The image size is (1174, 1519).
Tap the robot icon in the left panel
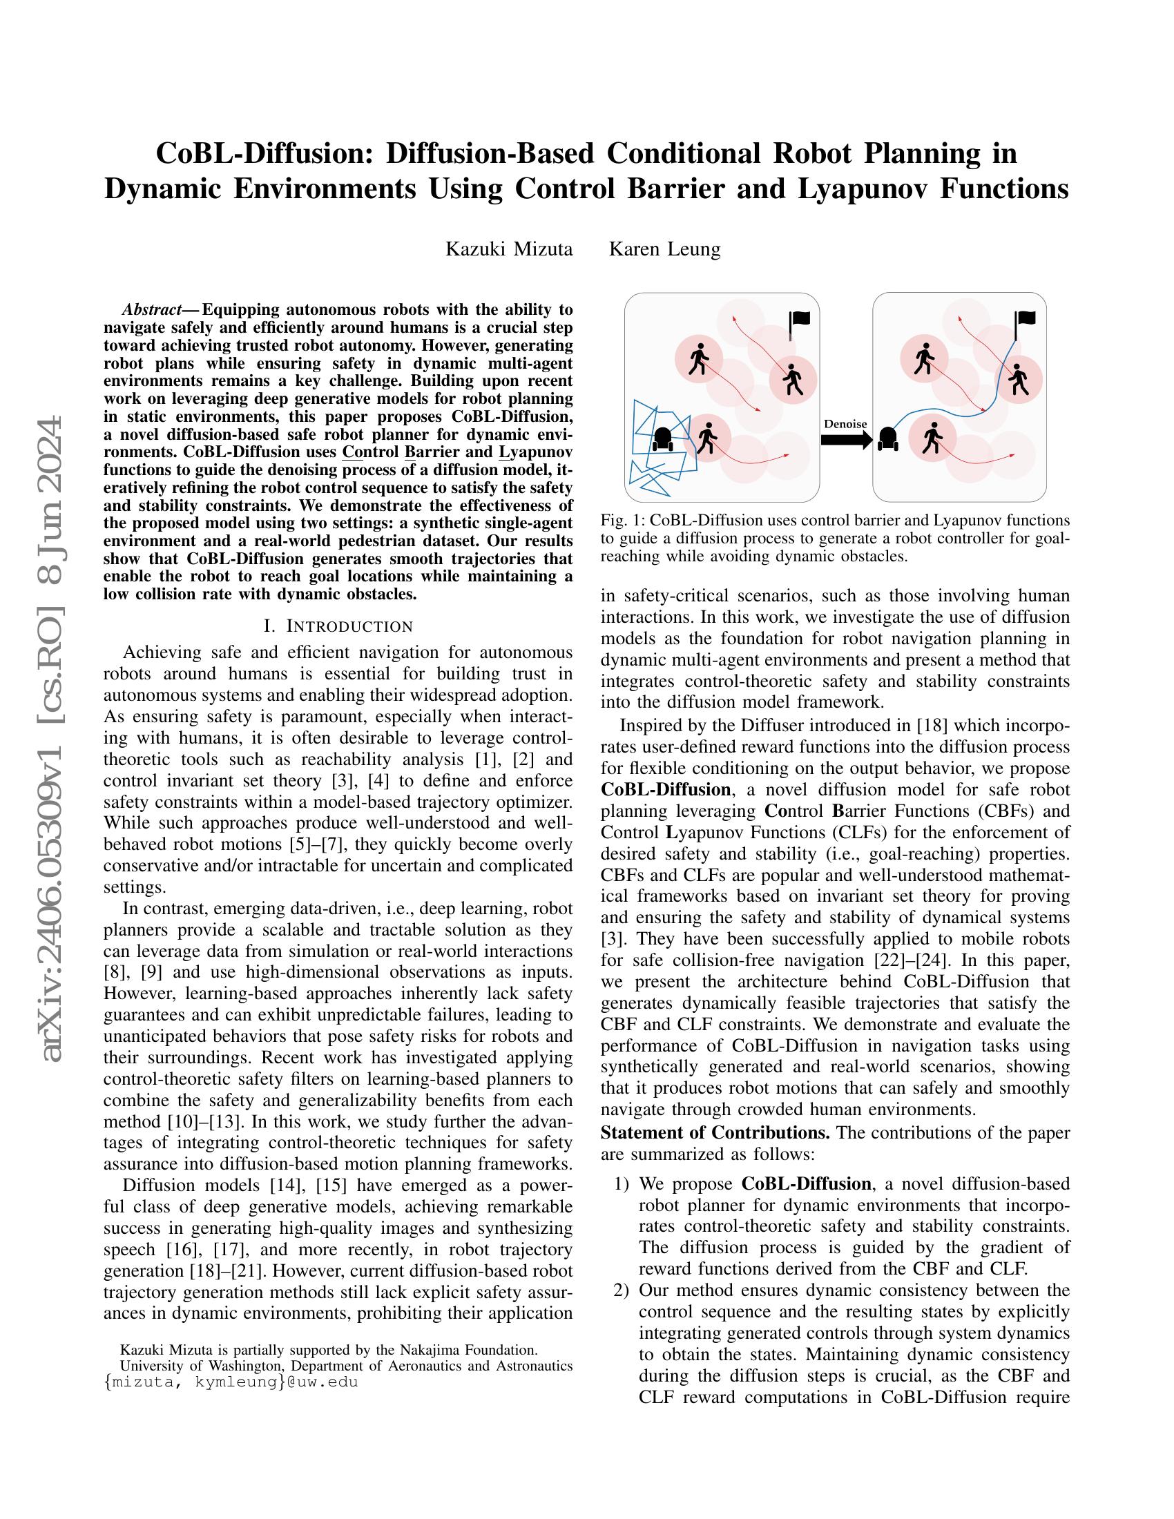(x=662, y=439)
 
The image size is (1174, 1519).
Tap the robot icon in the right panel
(x=887, y=438)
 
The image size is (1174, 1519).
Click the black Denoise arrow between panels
(x=846, y=440)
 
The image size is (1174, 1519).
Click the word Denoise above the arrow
(x=845, y=423)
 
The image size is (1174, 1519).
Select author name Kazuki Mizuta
(x=508, y=249)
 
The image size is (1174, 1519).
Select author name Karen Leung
(x=664, y=249)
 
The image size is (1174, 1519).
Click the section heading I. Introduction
(x=338, y=626)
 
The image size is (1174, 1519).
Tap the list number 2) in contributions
(x=621, y=1290)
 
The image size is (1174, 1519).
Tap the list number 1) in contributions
(x=621, y=1183)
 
